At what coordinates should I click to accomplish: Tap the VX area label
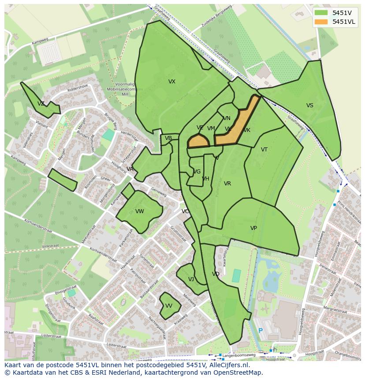tap(172, 82)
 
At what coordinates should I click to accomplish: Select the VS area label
tap(310, 105)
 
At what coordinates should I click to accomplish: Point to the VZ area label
tap(41, 104)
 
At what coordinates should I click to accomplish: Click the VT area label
tap(264, 150)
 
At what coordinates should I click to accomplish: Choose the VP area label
tap(253, 228)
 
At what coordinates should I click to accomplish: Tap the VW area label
tap(140, 211)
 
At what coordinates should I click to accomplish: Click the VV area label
tap(169, 306)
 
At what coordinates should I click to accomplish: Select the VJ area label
tap(191, 279)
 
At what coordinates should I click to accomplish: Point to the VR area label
tap(227, 184)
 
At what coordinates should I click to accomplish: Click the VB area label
tap(168, 138)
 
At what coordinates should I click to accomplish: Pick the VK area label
tap(247, 130)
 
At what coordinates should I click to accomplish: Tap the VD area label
tap(216, 274)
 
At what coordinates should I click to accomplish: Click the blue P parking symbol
tap(261, 331)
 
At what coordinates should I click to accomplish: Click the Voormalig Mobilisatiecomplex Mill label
tap(123, 89)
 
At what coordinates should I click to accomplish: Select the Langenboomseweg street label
tap(238, 355)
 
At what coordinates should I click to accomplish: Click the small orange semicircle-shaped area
tap(198, 142)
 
